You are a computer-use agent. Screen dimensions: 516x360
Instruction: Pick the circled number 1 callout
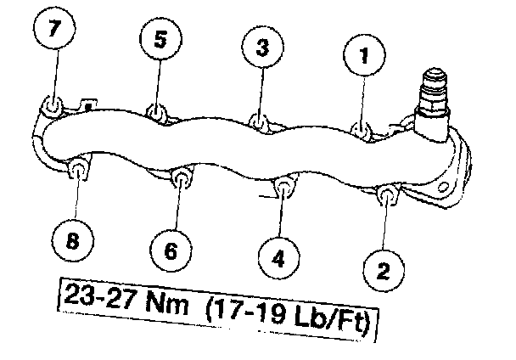pos(363,58)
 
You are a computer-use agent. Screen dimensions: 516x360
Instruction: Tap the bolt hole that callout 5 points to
pos(155,113)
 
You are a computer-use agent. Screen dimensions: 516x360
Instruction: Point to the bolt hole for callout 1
pos(362,132)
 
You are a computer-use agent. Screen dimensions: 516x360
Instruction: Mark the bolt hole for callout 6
pos(181,178)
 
